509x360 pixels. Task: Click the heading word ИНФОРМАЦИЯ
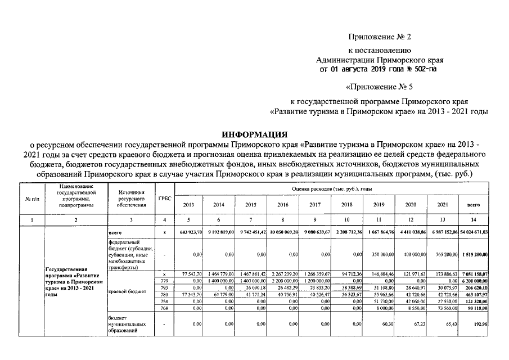pyautogui.click(x=254, y=134)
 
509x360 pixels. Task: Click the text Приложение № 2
pyautogui.click(x=380, y=38)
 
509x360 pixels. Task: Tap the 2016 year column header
pyautogui.click(x=283, y=205)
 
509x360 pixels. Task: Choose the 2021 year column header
pyautogui.click(x=443, y=205)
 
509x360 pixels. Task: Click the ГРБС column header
pyautogui.click(x=164, y=199)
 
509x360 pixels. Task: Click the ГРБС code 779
pyautogui.click(x=164, y=280)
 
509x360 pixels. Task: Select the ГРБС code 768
pyautogui.click(x=164, y=308)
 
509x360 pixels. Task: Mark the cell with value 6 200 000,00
pyautogui.click(x=475, y=280)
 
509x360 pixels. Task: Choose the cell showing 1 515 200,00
pyautogui.click(x=475, y=254)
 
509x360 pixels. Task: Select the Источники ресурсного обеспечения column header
pyautogui.click(x=130, y=199)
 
